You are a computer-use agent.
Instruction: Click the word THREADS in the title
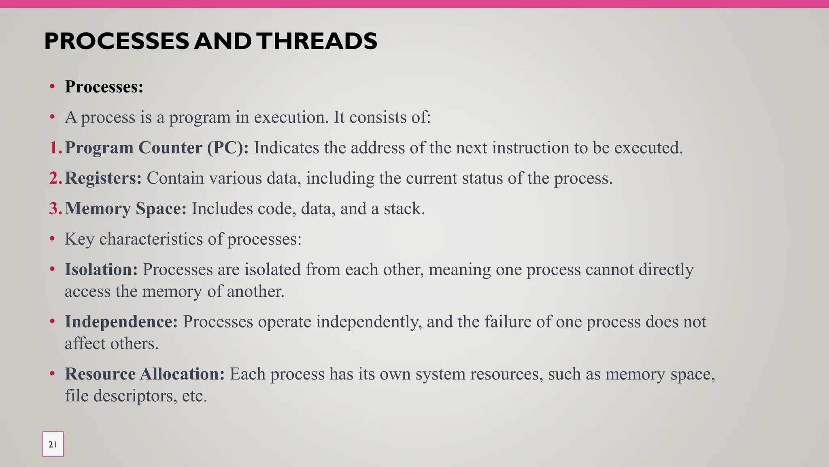pos(317,41)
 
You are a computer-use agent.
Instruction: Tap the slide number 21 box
pos(53,444)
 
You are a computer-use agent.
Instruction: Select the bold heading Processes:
pos(104,87)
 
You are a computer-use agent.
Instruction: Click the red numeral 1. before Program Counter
pos(55,148)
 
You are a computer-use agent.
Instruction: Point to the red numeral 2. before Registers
pos(55,178)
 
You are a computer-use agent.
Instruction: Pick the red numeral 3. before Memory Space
pos(55,208)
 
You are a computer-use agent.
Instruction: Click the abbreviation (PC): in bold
pos(228,148)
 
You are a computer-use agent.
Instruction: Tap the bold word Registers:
pos(103,178)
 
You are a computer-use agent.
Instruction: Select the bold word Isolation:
pos(101,270)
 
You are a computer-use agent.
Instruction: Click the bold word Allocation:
pos(182,374)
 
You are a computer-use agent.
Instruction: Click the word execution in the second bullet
pos(291,117)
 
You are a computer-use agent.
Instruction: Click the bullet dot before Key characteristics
pos(52,239)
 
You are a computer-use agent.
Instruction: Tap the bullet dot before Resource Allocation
pos(52,373)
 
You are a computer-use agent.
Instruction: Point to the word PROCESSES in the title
pos(117,41)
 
